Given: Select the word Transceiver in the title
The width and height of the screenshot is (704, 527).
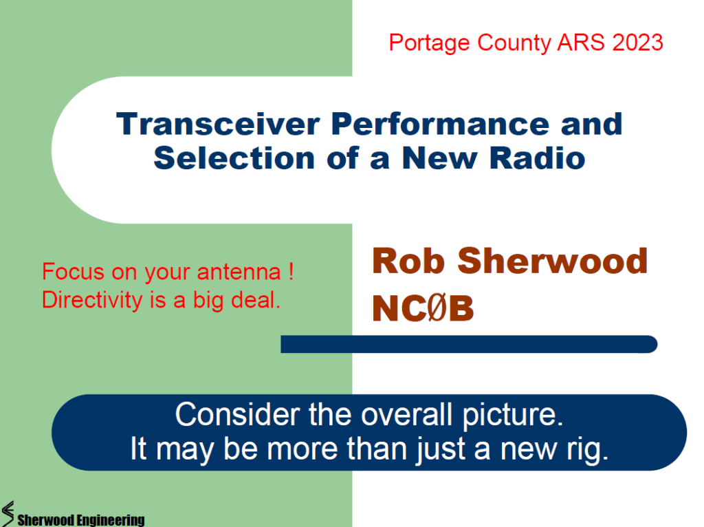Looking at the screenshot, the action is tap(218, 124).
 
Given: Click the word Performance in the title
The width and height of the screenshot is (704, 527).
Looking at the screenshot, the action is tap(440, 124).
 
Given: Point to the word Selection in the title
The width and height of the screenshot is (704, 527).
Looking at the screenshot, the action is tap(234, 158).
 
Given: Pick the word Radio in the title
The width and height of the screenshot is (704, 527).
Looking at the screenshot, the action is tap(538, 158).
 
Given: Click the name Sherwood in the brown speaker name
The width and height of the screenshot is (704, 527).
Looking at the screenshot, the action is tap(553, 261).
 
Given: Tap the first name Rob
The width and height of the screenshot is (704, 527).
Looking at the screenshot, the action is tap(408, 261).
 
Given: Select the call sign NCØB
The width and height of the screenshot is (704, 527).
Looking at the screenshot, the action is tap(423, 308).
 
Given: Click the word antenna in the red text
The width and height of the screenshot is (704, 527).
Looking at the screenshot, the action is tap(239, 272).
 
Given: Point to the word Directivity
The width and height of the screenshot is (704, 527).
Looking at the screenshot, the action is tap(92, 300).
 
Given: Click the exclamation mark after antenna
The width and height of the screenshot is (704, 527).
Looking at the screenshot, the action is tap(291, 271).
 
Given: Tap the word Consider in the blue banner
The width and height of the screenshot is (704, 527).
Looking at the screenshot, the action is tap(237, 414).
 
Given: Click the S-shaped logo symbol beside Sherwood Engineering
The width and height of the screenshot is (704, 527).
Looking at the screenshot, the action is tap(8, 514).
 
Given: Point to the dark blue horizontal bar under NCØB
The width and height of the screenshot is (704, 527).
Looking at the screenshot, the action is tap(469, 344).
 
